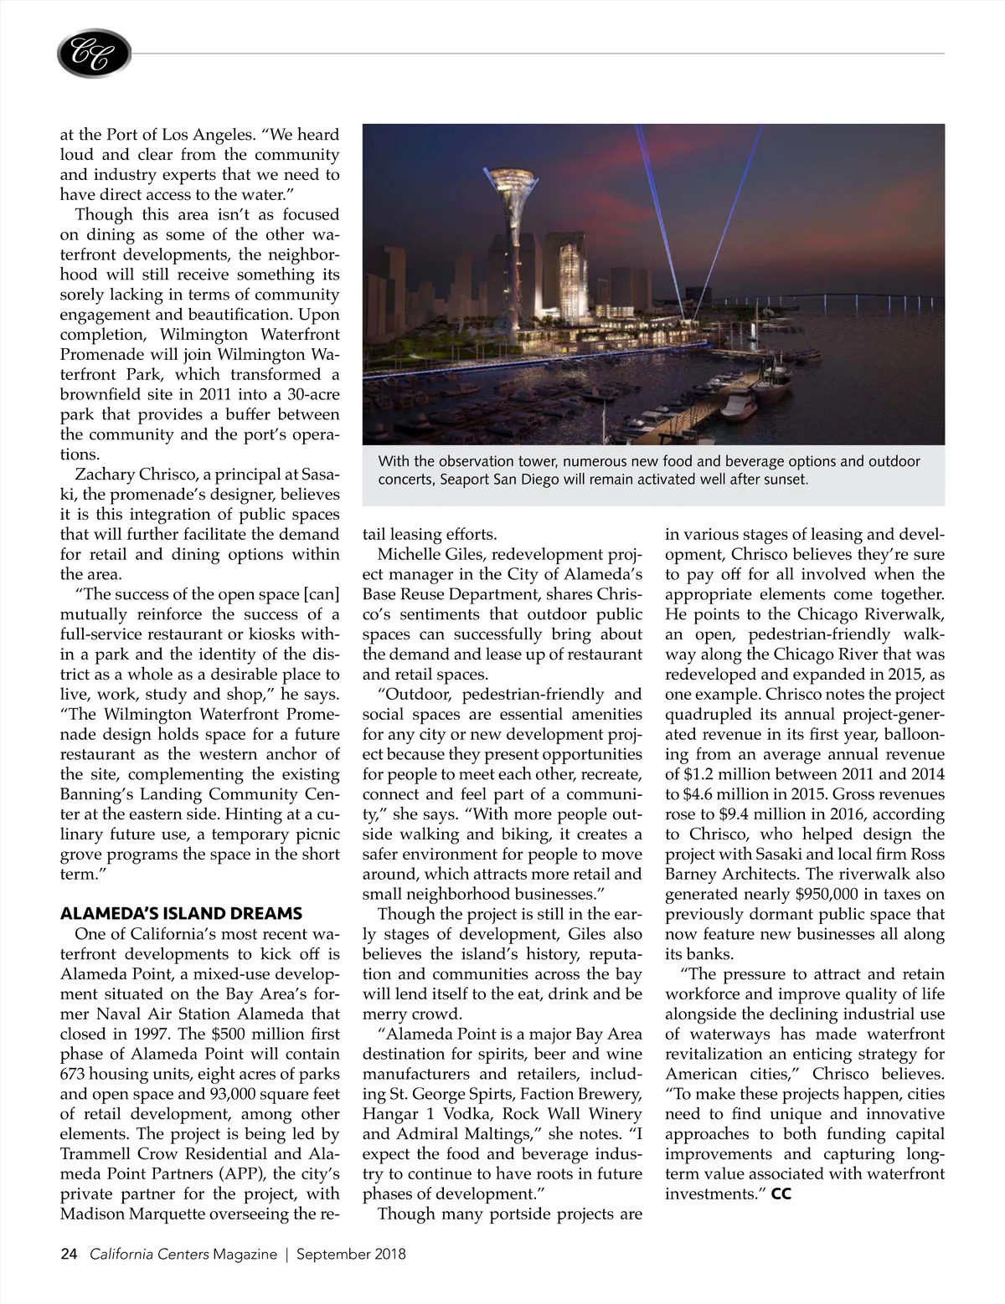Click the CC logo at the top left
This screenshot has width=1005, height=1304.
[x=94, y=54]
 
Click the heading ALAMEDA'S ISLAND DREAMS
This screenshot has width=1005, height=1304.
[x=181, y=913]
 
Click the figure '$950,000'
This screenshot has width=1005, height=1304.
[x=815, y=895]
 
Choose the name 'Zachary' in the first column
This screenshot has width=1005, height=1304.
[x=109, y=475]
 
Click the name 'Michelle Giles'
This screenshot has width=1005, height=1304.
[x=433, y=555]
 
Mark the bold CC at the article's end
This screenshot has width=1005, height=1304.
[x=781, y=1194]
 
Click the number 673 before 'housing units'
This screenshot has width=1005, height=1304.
[x=75, y=1074]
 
